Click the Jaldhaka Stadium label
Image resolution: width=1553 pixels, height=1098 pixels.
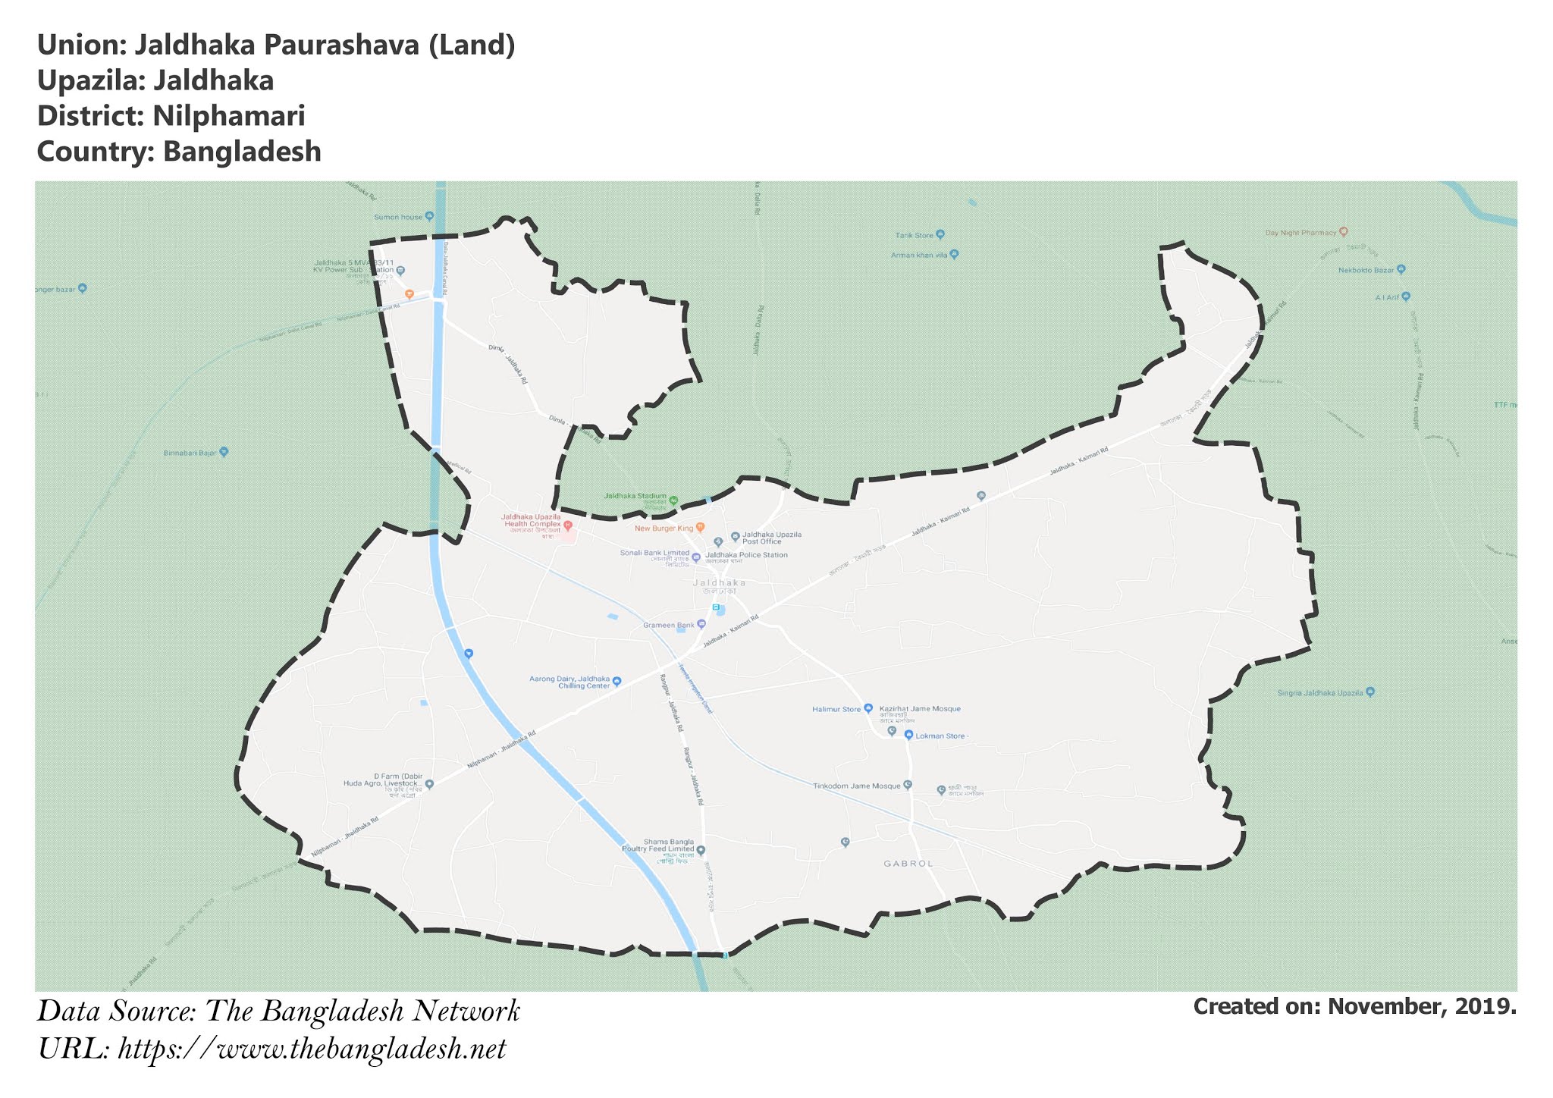(x=635, y=496)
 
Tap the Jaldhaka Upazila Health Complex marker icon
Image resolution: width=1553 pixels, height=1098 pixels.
(x=568, y=525)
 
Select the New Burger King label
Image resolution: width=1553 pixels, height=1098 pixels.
(x=664, y=528)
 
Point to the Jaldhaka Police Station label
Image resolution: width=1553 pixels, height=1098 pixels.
(x=746, y=555)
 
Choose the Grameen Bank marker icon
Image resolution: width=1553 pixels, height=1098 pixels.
(x=701, y=624)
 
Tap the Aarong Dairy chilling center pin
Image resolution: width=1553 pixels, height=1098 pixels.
(x=616, y=681)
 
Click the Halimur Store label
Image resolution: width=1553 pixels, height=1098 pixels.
(x=836, y=710)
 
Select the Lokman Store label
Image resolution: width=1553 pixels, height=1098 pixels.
(x=942, y=736)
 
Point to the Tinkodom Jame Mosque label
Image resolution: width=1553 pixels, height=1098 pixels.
(x=856, y=786)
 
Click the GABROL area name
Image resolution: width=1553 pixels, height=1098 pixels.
(x=908, y=864)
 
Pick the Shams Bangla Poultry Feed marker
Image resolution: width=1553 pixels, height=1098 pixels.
(x=701, y=850)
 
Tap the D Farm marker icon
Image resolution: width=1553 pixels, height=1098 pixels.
(x=429, y=784)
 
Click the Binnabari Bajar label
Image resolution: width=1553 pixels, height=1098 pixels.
(x=190, y=453)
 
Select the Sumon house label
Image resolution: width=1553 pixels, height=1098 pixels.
(x=398, y=217)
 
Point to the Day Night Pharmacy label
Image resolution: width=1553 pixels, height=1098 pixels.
(x=1300, y=233)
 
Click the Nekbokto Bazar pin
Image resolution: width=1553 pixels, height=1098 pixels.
(x=1401, y=269)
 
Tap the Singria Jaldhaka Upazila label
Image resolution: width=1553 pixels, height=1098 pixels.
(x=1320, y=693)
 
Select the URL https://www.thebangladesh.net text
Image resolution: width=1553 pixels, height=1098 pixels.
(x=312, y=1049)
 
